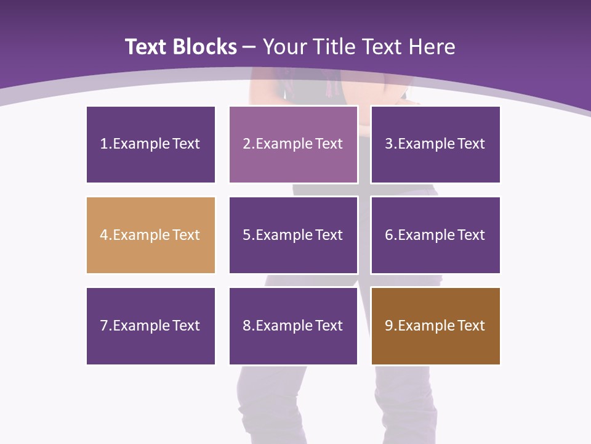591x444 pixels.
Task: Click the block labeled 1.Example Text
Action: [151, 144]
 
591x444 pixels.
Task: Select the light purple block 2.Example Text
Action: [293, 144]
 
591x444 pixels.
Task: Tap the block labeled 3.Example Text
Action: [435, 144]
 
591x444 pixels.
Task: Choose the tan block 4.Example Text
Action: [151, 235]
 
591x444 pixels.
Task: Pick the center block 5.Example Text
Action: [293, 235]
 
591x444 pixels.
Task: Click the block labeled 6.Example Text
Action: [435, 235]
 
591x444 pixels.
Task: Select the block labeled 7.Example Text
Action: [151, 326]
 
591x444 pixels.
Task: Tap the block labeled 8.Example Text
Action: [293, 326]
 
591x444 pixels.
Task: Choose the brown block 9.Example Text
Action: [435, 326]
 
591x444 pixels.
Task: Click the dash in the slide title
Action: [249, 47]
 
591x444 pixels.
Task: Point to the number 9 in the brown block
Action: [389, 326]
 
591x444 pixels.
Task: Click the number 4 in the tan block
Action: [104, 235]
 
